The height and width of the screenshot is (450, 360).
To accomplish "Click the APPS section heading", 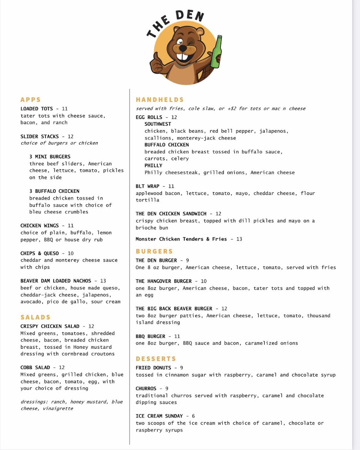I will click(30, 100).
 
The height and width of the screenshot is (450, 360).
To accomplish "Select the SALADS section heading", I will click(35, 317).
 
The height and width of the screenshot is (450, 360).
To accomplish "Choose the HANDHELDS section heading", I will click(160, 100).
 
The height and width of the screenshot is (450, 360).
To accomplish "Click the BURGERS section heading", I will click(154, 251).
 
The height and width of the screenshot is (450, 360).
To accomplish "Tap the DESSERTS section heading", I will click(156, 359).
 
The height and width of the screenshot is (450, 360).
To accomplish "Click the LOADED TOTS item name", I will click(37, 109).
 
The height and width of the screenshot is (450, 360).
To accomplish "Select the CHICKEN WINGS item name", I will click(39, 226).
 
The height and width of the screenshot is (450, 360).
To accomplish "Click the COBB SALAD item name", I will click(35, 367).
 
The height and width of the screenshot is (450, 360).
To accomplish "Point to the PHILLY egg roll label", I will click(154, 165).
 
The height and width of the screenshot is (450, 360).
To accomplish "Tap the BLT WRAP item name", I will click(148, 186).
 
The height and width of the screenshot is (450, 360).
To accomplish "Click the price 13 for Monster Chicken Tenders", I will click(239, 239).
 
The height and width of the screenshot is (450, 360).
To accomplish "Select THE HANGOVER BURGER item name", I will click(164, 281).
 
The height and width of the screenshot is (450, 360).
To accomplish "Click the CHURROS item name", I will click(146, 388).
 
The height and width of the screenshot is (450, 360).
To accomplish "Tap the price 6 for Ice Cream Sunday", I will click(193, 416).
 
